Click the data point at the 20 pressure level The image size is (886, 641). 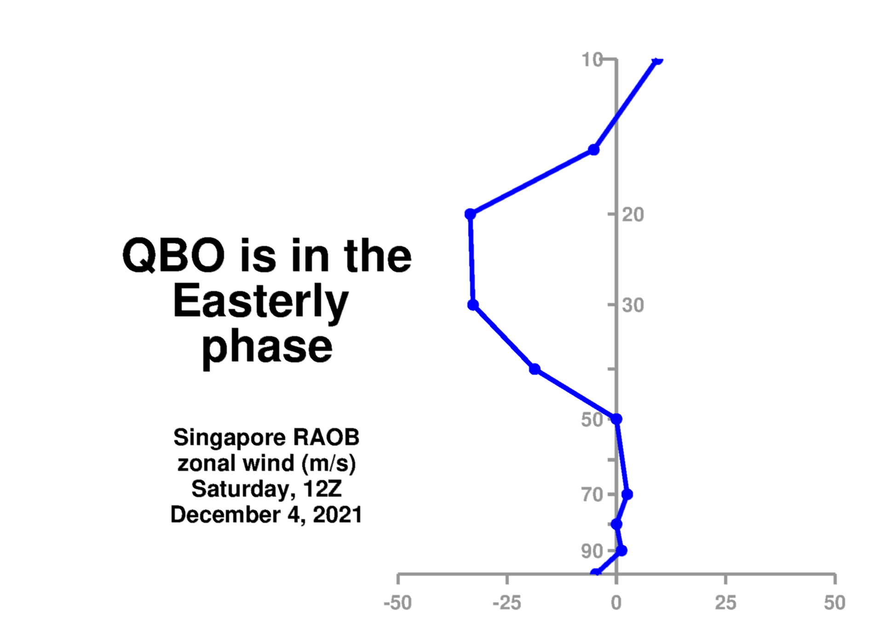tap(470, 214)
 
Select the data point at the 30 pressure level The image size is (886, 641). tap(473, 305)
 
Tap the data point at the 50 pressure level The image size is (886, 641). tap(616, 419)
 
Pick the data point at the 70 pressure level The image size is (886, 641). tap(627, 494)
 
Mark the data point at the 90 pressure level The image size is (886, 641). tap(621, 550)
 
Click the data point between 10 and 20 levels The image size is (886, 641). tap(594, 150)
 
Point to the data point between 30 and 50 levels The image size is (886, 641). tap(535, 369)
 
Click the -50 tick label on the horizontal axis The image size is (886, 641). tap(398, 602)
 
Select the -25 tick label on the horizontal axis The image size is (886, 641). tap(507, 602)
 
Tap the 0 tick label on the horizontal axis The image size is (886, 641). tap(616, 602)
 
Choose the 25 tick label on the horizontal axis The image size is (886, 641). tap(725, 602)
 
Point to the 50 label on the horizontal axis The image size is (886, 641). tap(835, 602)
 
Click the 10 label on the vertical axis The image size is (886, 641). tap(593, 59)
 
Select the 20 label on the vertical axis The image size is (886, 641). tap(633, 214)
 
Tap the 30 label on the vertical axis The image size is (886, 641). tap(633, 305)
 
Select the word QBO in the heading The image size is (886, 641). tap(173, 255)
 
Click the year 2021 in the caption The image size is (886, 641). tap(337, 515)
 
